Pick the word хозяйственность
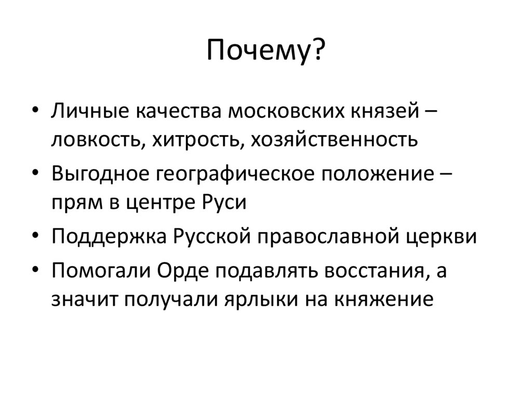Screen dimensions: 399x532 pyautogui.click(x=335, y=140)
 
